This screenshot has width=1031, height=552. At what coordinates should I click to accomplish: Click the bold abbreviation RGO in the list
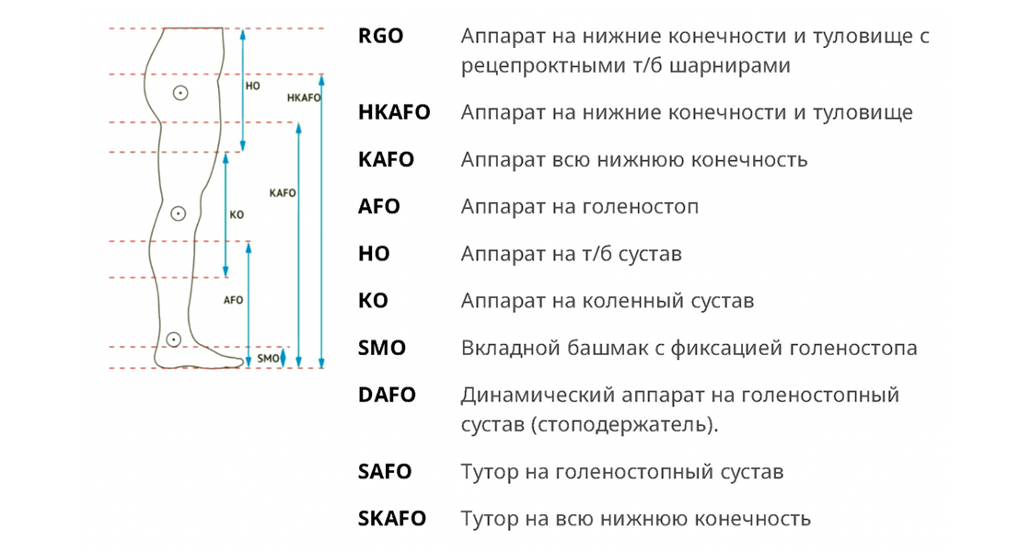(x=381, y=36)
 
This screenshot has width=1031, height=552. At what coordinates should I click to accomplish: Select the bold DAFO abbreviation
(x=388, y=396)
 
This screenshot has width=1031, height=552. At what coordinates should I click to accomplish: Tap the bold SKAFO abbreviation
(x=392, y=519)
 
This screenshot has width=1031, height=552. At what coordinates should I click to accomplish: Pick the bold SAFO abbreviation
(x=385, y=472)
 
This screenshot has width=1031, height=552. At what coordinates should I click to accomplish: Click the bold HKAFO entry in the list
(x=394, y=112)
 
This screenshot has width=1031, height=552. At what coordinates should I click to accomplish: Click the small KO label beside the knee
(x=237, y=214)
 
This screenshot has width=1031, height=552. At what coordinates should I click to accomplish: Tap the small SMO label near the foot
(x=268, y=358)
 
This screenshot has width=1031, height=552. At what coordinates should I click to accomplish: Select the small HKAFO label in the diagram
(x=304, y=97)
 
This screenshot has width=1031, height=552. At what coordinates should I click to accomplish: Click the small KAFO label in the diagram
(x=283, y=193)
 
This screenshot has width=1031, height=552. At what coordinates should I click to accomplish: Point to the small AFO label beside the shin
(x=234, y=300)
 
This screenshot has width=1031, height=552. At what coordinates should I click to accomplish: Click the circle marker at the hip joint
(x=181, y=92)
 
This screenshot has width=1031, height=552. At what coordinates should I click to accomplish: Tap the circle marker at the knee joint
(x=179, y=213)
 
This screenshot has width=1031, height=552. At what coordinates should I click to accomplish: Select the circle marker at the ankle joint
(x=174, y=339)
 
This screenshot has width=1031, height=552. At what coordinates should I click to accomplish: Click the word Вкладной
(x=504, y=349)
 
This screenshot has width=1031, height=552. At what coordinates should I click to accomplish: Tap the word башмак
(x=591, y=349)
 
